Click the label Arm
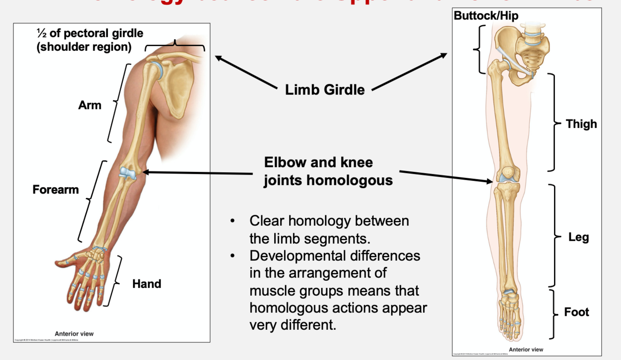[90, 105]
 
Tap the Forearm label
[55, 190]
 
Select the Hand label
[147, 284]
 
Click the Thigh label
[581, 124]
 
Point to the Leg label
[579, 237]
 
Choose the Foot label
[577, 312]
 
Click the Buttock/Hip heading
[486, 16]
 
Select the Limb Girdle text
[325, 89]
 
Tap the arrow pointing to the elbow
[196, 173]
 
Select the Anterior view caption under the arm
[74, 333]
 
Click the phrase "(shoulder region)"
[84, 47]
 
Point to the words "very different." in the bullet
[292, 325]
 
